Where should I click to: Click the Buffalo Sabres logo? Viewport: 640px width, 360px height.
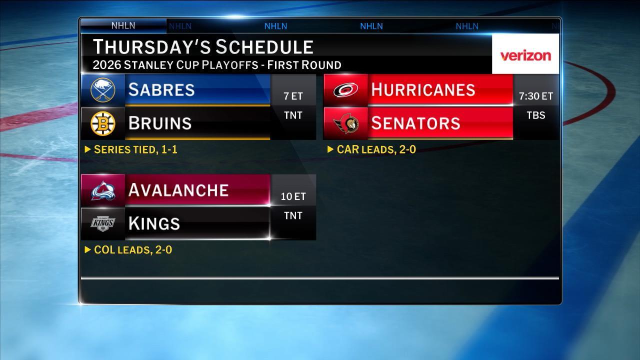click(x=103, y=90)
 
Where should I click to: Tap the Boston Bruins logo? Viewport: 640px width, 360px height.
click(x=103, y=123)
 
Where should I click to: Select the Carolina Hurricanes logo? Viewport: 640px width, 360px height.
click(x=345, y=90)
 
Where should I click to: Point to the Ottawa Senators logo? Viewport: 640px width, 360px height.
click(x=345, y=123)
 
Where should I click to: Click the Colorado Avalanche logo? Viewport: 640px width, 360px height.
click(x=103, y=190)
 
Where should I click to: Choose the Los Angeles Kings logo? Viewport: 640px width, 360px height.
click(x=103, y=223)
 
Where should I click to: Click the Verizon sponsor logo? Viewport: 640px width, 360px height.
click(x=525, y=55)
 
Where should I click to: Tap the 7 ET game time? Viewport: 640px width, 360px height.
click(x=293, y=96)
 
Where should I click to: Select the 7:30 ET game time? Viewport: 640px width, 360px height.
click(x=536, y=96)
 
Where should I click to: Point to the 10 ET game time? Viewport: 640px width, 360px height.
click(x=293, y=196)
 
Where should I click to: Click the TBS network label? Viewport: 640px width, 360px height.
click(x=536, y=115)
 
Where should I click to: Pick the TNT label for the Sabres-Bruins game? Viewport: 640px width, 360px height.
click(x=293, y=115)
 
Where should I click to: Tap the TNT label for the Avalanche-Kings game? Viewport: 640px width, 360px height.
click(x=293, y=216)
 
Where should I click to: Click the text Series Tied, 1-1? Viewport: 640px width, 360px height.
click(x=135, y=149)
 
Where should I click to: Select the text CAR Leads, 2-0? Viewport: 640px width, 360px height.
click(x=376, y=149)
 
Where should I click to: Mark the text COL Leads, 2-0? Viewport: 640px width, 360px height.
click(x=132, y=250)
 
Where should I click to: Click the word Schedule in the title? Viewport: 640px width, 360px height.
click(x=264, y=47)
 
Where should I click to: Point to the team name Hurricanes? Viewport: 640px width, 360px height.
click(x=422, y=90)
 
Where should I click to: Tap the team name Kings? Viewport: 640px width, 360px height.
click(x=154, y=223)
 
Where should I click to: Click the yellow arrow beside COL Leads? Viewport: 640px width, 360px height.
click(x=88, y=249)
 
